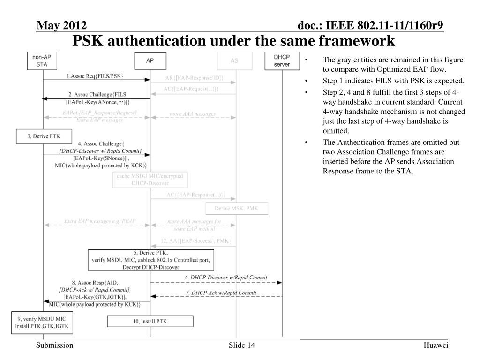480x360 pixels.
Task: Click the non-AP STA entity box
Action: click(42, 60)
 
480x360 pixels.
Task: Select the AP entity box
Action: click(150, 60)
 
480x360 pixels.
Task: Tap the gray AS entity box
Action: click(234, 60)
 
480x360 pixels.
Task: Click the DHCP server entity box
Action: click(282, 60)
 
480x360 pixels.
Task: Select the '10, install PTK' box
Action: click(150, 321)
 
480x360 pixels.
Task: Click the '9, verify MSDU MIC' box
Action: click(42, 322)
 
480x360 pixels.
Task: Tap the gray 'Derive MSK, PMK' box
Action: click(237, 208)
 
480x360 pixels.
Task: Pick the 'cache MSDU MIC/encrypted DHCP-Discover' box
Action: click(150, 179)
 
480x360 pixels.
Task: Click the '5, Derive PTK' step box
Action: click(151, 260)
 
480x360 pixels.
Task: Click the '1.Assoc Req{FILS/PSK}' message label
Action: click(95, 75)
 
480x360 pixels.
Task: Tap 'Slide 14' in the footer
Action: click(242, 345)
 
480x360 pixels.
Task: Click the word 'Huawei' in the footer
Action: click(435, 345)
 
